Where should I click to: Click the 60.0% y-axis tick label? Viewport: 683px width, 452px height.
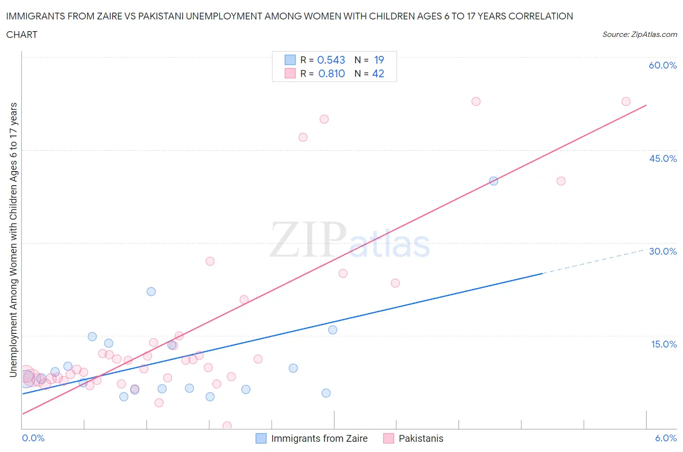663,65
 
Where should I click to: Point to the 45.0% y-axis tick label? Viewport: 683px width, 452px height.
663,158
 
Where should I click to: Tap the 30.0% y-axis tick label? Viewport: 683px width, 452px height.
663,251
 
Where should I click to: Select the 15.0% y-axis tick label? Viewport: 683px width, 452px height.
664,344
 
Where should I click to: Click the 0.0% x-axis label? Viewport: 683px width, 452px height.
33,438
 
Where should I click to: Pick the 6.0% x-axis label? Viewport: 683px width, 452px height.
666,438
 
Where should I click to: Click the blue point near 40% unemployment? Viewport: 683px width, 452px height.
494,181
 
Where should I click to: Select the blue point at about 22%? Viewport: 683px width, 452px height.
151,292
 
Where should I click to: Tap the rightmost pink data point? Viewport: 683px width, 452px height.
626,102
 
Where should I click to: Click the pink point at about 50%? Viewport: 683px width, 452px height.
324,119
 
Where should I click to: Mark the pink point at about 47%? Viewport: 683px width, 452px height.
303,137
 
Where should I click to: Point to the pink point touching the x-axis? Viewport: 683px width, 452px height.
227,426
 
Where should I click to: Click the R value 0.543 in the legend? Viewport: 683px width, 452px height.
331,60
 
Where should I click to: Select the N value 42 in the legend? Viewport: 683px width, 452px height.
378,73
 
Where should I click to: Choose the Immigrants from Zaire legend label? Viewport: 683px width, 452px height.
319,438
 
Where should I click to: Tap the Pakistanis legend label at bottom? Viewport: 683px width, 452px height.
421,438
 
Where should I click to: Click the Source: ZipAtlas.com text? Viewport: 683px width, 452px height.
639,34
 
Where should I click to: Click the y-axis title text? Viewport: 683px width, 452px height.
13,240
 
